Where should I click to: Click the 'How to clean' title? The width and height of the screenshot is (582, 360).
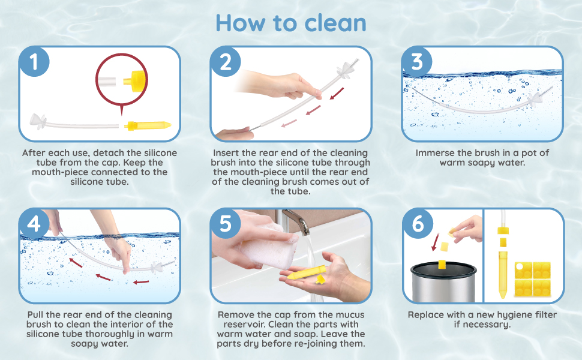[x=290, y=23]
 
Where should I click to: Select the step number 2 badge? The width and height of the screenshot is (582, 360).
[x=226, y=62]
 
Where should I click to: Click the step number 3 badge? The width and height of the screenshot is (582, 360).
[x=418, y=62]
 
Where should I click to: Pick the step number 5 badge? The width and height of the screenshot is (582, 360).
[x=226, y=224]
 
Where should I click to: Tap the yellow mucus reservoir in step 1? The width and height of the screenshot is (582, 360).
[x=148, y=125]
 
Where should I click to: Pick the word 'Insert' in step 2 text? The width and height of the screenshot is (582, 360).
[x=227, y=153]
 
